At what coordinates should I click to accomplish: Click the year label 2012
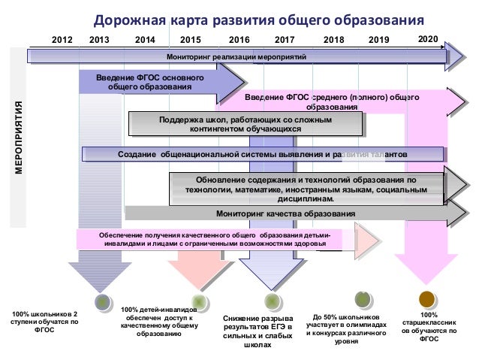[x=62, y=40]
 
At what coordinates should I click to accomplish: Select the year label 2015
[x=191, y=40]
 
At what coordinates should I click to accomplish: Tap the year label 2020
[x=428, y=38]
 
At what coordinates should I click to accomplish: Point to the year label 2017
[x=285, y=40]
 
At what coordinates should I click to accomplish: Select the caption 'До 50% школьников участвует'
[x=346, y=328]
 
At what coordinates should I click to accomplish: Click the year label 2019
[x=380, y=40]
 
